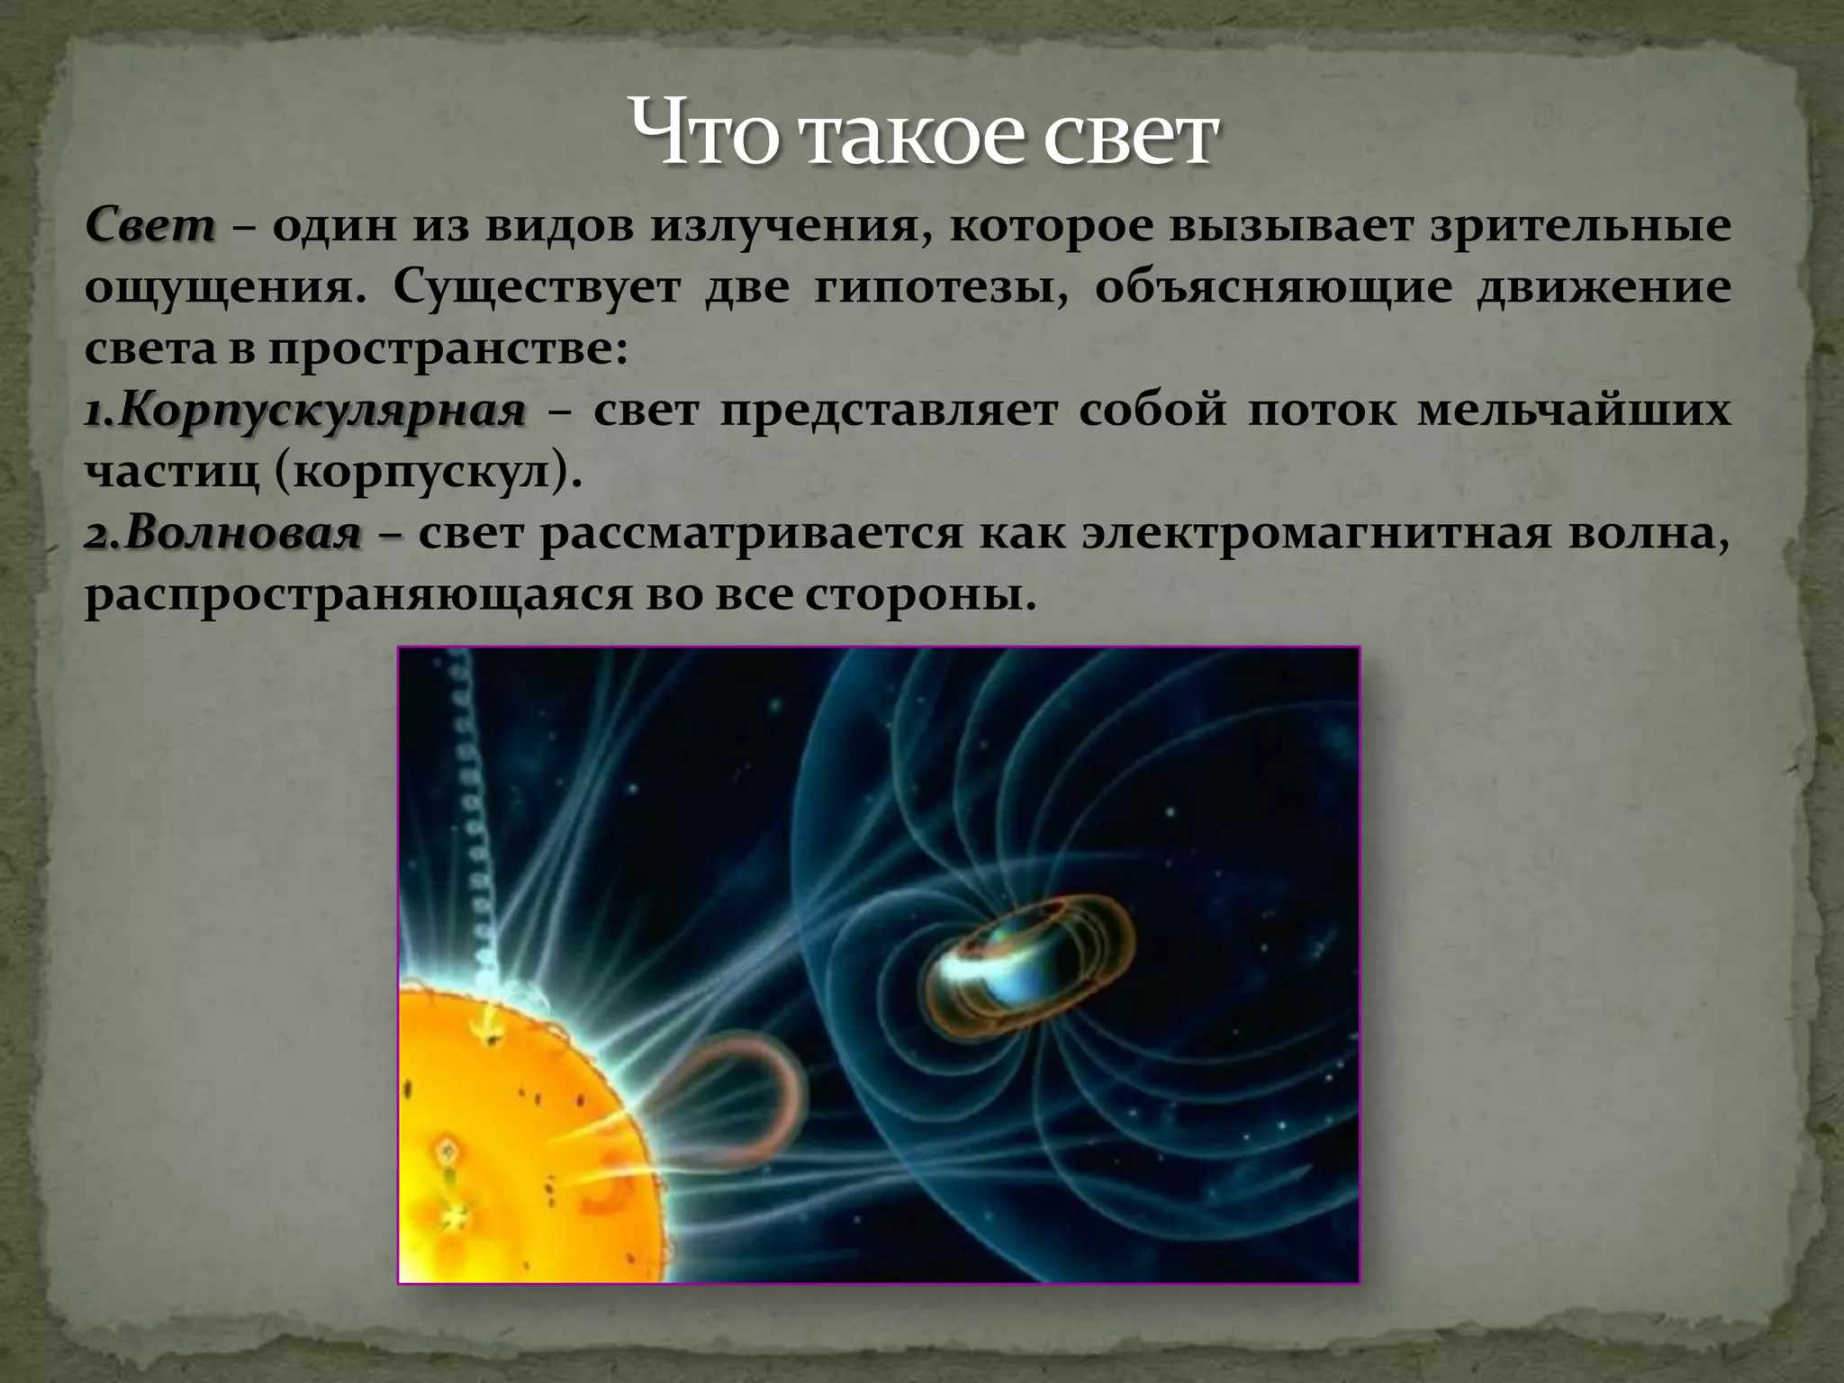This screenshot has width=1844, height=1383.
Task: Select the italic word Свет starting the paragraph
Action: pos(151,225)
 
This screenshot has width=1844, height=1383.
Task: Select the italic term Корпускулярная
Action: pos(306,411)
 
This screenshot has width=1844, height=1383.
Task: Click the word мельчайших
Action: pos(1572,410)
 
